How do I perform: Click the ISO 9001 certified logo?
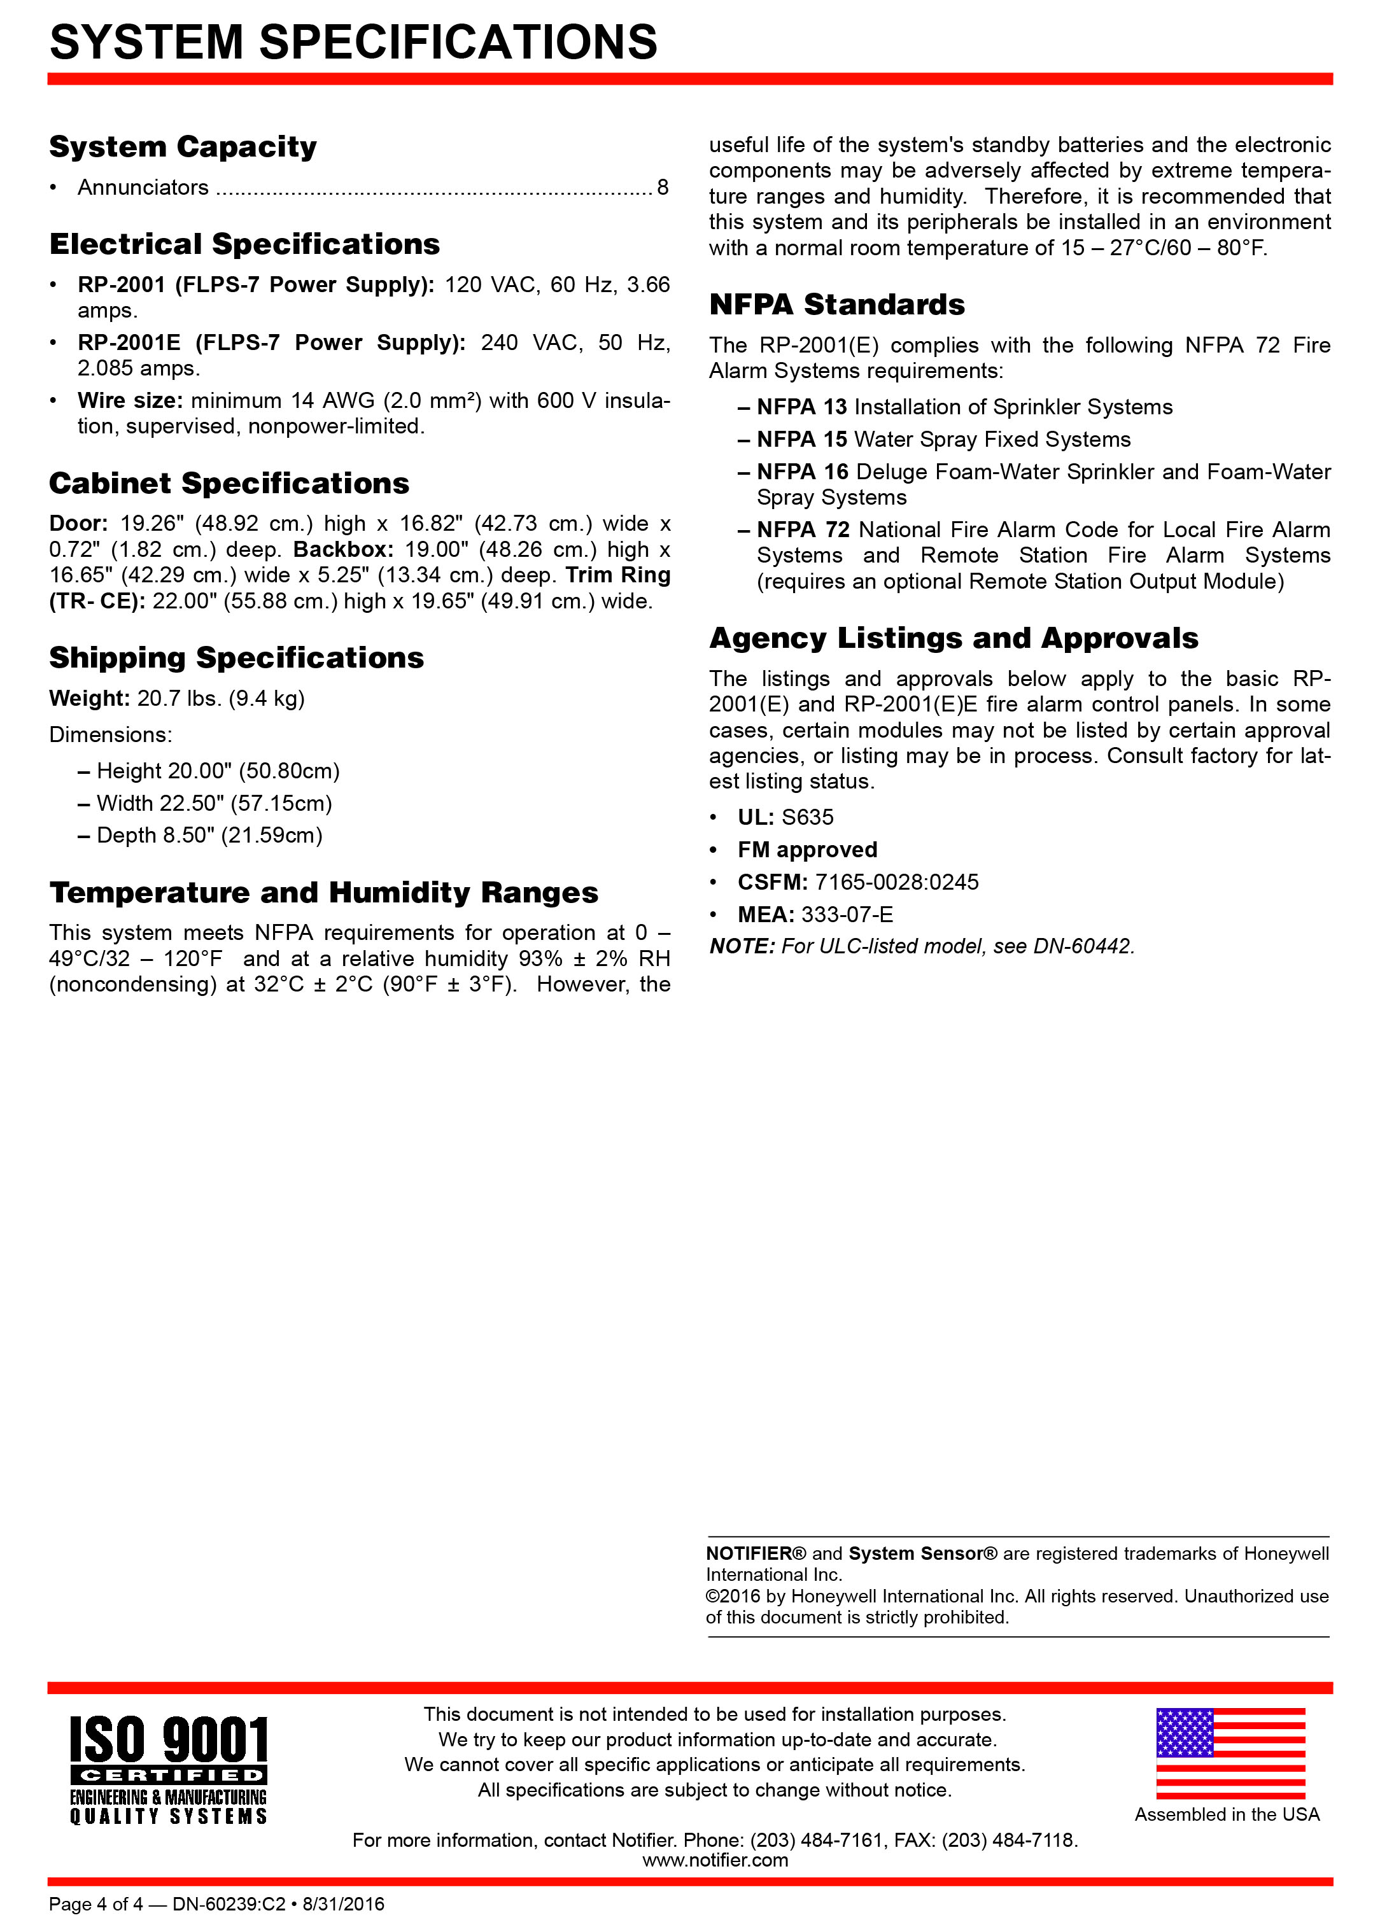[169, 1769]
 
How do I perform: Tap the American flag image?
[1230, 1753]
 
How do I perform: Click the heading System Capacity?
[183, 146]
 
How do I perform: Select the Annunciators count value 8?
[662, 187]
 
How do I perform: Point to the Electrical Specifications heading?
[244, 244]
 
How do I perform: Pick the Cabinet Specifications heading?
[229, 484]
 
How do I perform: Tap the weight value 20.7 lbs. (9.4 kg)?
[221, 698]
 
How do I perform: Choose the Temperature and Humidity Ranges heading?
[323, 892]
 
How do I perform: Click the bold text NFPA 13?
[802, 407]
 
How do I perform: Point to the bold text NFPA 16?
[802, 472]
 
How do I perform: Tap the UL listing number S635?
[808, 817]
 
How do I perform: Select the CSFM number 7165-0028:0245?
[897, 882]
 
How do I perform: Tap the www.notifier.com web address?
[715, 1860]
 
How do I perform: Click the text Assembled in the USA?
[1227, 1814]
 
